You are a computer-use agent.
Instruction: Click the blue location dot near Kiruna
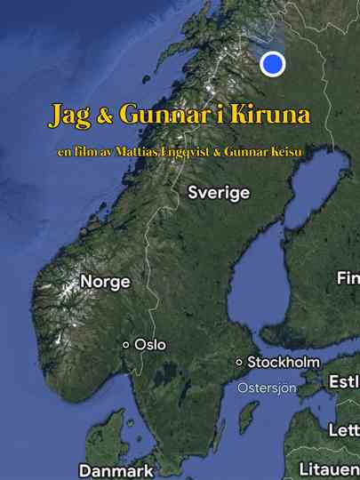(x=273, y=64)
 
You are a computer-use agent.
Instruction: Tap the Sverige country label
(x=219, y=193)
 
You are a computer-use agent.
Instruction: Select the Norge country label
(x=105, y=282)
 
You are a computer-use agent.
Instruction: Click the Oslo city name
(x=149, y=344)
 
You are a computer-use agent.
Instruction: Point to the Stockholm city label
(x=283, y=362)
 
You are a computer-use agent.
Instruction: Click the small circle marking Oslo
(x=126, y=344)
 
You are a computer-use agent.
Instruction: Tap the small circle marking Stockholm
(x=238, y=362)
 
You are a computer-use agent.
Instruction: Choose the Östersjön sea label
(x=266, y=388)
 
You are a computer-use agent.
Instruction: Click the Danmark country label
(x=116, y=470)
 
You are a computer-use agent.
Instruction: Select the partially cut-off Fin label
(x=348, y=278)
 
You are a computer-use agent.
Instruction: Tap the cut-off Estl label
(x=344, y=382)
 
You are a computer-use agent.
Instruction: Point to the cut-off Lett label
(x=344, y=429)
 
